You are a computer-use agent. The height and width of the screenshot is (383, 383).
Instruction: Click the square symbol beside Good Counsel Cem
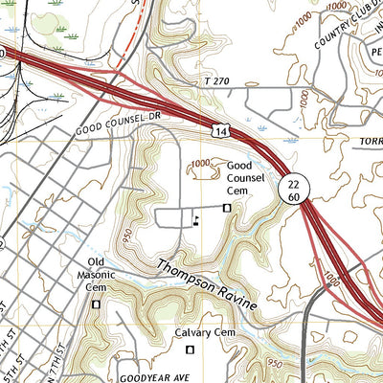click(x=227, y=208)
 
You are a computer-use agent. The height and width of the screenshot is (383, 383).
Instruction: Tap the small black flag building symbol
click(x=197, y=219)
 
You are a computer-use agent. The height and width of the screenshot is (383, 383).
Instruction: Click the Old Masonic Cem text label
click(x=96, y=274)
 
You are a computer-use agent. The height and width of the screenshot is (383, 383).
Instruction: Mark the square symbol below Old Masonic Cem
click(x=96, y=304)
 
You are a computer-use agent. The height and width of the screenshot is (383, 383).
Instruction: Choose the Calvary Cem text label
click(x=204, y=333)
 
